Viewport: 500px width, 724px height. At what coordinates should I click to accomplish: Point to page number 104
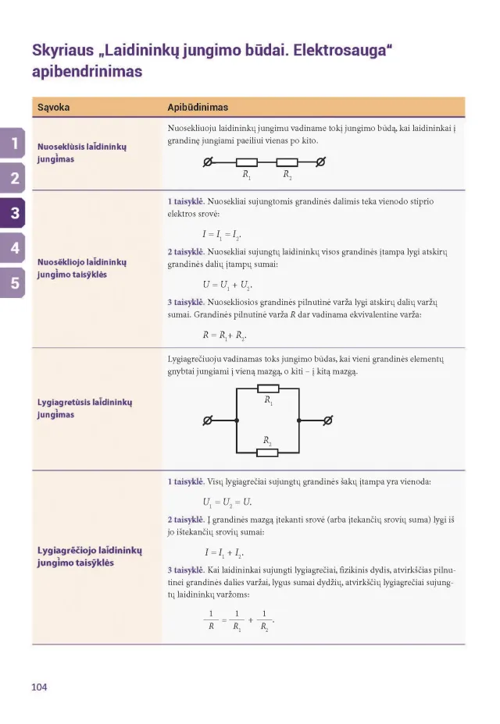[x=39, y=687]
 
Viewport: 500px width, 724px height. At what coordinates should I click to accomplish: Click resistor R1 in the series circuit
[x=246, y=163]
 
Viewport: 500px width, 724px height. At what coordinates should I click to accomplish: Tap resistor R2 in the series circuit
[x=287, y=163]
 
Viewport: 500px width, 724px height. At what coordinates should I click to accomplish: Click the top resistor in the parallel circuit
[x=268, y=389]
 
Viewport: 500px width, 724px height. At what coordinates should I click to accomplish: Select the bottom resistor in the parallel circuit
[x=268, y=452]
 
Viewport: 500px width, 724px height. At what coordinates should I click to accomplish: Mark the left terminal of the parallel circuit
[x=207, y=421]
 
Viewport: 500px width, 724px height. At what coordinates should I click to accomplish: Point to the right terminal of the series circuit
[x=320, y=163]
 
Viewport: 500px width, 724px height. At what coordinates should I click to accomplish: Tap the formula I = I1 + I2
[x=225, y=552]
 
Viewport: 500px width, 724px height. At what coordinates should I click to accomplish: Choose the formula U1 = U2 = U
[x=227, y=502]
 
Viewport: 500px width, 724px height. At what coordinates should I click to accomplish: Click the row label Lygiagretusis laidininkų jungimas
[x=84, y=408]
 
